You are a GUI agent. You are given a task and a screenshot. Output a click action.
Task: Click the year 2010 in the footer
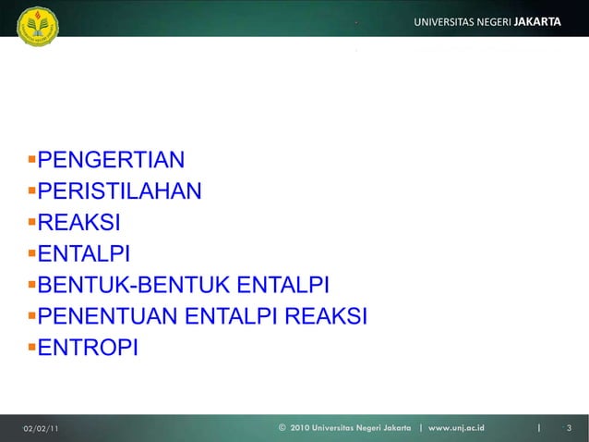(x=302, y=428)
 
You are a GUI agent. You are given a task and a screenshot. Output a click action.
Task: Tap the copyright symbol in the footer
(x=282, y=428)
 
